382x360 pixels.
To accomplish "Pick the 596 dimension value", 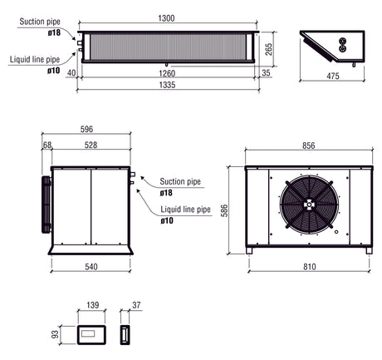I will point(87,130).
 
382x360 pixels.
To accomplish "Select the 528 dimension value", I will point(91,145).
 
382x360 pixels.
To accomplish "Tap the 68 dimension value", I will point(47,145).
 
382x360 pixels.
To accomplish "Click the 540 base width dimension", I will point(91,267).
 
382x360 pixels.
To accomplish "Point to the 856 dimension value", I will point(308,145).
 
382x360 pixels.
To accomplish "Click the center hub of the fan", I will point(308,205).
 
